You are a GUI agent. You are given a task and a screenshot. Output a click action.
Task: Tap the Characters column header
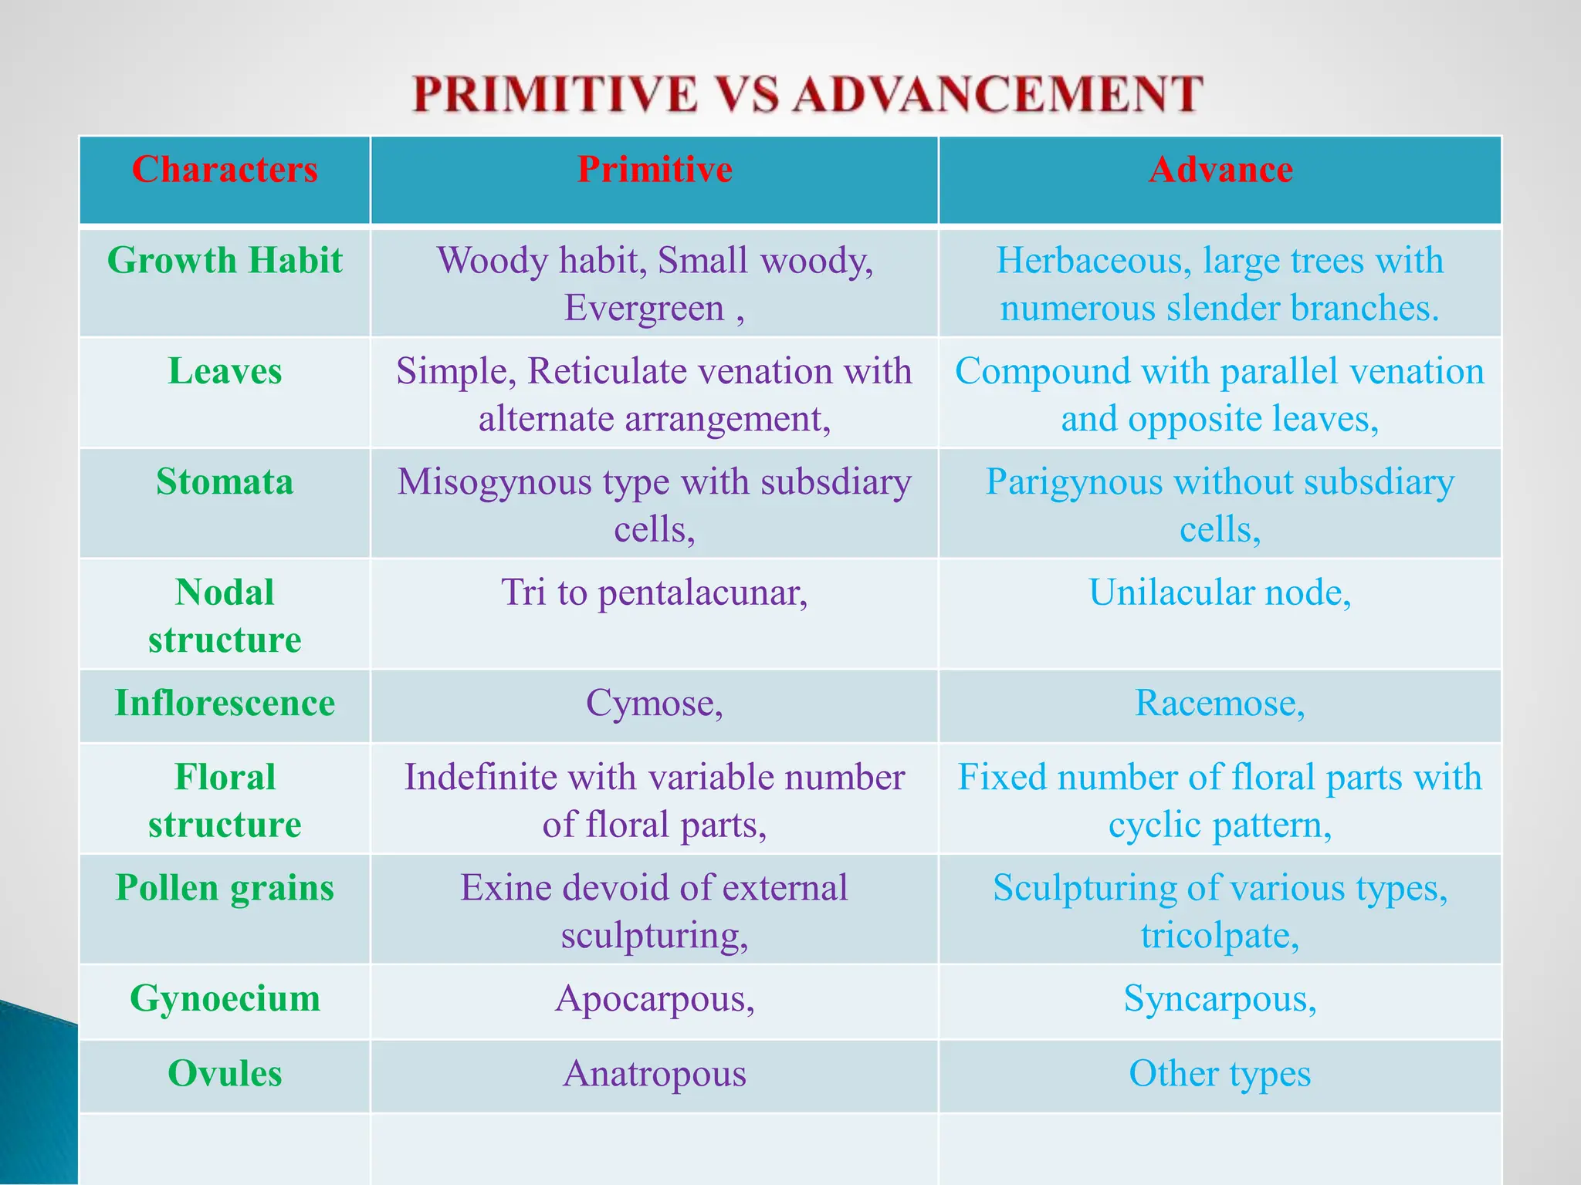coord(225,169)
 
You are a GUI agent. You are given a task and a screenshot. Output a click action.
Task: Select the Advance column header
coord(1220,169)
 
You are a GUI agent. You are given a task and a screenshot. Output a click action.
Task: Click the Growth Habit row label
coord(225,260)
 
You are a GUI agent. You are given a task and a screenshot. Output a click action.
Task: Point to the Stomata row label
coord(225,481)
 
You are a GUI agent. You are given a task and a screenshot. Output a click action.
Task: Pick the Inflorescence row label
coord(225,703)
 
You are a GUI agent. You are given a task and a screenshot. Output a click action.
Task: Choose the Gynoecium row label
coord(225,998)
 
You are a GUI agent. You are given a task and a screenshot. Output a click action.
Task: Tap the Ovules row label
coord(225,1073)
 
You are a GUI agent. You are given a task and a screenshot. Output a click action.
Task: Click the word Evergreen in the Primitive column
coord(644,308)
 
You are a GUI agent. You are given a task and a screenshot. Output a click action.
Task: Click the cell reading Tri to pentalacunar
coord(655,592)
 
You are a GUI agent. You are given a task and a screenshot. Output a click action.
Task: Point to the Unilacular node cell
coord(1220,592)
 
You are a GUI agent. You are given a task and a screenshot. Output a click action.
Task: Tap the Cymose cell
coord(655,703)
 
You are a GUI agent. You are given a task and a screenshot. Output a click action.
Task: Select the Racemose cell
coord(1220,703)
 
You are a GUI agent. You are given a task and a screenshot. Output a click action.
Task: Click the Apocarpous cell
coord(655,998)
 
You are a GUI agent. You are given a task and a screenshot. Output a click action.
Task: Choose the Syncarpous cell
coord(1220,998)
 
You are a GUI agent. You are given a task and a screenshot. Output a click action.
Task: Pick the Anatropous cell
coord(655,1073)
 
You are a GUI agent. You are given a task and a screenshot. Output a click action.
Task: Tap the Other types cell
coord(1220,1073)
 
